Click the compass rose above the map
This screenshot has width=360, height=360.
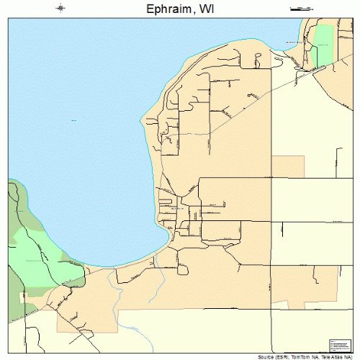pos(60,8)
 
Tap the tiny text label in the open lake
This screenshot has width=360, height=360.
pos(74,120)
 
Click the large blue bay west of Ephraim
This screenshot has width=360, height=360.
pos(79,144)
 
